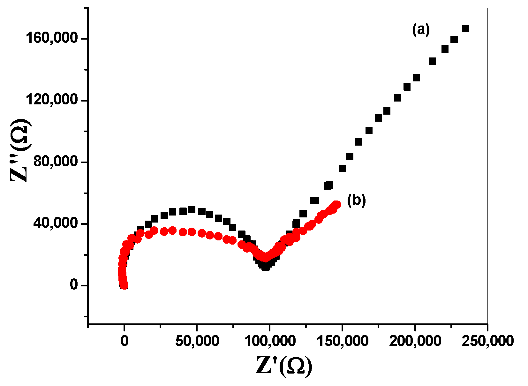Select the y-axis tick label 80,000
pos(56,162)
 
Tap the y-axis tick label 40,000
pos(56,223)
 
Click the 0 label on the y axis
pos(74,285)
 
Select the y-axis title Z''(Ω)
pos(20,150)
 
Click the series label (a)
pos(421,30)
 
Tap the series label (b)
pos(356,201)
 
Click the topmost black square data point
pos(465,29)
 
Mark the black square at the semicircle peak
pos(192,209)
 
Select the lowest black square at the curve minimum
pos(266,267)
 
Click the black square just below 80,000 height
pos(342,168)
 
